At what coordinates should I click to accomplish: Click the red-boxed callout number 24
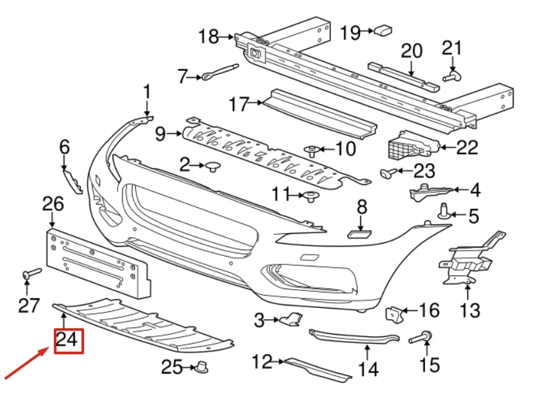[x=69, y=339]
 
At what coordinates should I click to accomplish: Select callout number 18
[x=209, y=36]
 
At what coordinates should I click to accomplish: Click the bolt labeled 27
[x=31, y=274]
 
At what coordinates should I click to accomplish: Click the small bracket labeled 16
[x=395, y=314]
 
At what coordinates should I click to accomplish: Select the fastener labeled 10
[x=312, y=151]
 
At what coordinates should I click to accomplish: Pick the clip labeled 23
[x=387, y=172]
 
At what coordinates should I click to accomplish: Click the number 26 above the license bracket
[x=53, y=205]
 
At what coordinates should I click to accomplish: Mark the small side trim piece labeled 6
[x=72, y=179]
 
